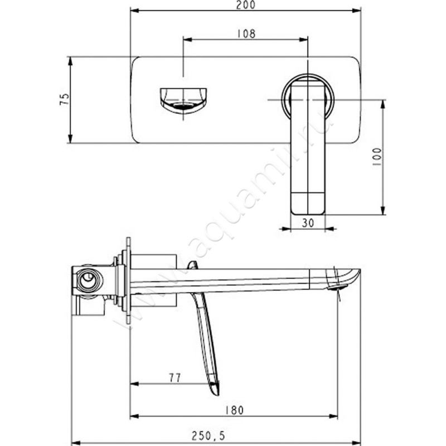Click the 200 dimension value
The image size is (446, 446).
pos(246,5)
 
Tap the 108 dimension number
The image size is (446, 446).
pos(246,34)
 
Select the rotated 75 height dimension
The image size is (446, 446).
pos(65,99)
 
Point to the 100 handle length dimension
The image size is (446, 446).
pos(377,157)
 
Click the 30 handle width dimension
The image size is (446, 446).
pos(308,222)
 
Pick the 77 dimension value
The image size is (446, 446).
pos(175,378)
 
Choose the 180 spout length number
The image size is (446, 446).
pos(235,410)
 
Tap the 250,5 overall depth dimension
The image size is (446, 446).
pos(208,435)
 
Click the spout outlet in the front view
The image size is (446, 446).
pos(183,101)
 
